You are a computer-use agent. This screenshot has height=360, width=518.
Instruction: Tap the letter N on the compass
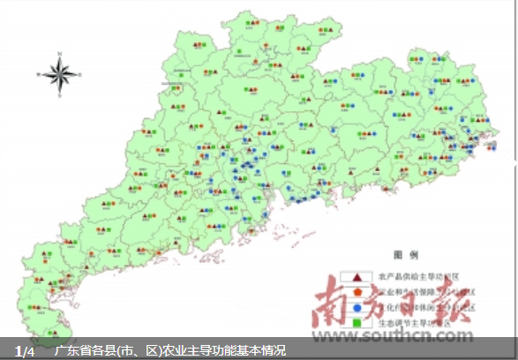pos(61,54)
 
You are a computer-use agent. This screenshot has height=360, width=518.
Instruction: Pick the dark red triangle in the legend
pos(358,275)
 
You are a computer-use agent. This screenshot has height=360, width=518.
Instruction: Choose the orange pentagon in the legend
pos(358,290)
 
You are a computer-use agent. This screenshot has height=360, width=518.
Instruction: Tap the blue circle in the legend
pos(358,306)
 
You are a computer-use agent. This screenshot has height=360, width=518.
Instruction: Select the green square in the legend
pos(358,322)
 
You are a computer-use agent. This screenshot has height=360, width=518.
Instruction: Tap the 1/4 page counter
pos(25,351)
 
